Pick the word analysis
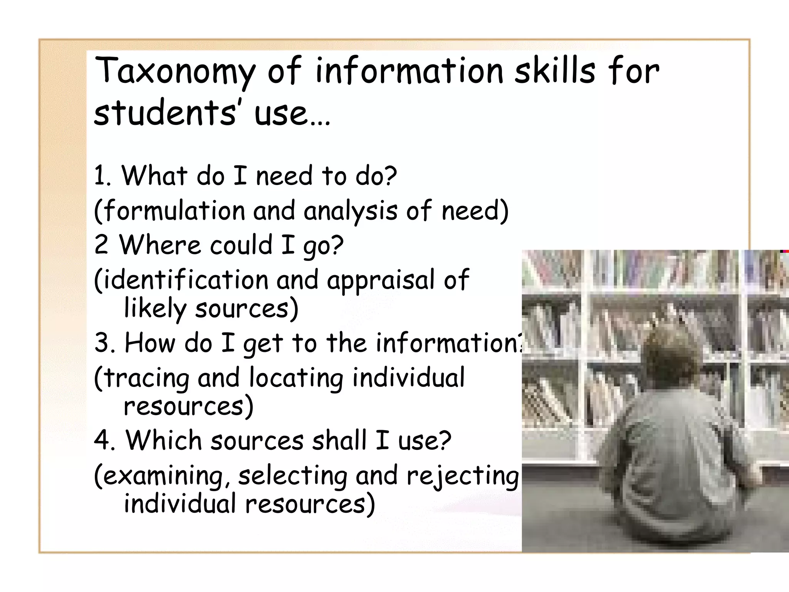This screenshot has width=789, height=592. [x=351, y=212]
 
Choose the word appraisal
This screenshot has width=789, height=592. [x=381, y=281]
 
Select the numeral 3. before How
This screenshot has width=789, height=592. [x=105, y=343]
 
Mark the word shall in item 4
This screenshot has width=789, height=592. [x=339, y=441]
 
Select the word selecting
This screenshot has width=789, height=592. [x=293, y=476]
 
